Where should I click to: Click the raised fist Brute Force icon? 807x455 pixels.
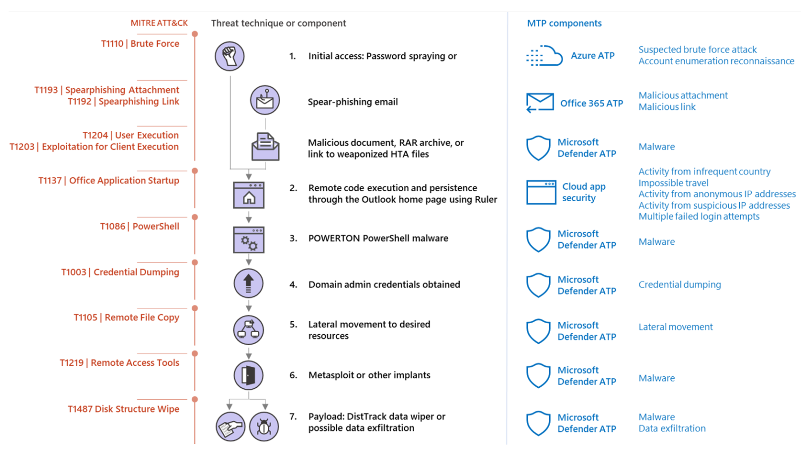click(230, 56)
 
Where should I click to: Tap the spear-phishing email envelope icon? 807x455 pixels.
click(265, 100)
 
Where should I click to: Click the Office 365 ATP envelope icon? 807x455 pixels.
click(540, 102)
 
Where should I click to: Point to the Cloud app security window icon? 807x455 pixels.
click(541, 192)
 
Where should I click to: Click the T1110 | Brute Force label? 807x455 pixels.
click(140, 44)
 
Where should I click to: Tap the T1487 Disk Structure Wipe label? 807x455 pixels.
click(123, 409)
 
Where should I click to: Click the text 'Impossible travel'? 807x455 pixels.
click(673, 183)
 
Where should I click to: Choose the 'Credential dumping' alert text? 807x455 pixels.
click(679, 285)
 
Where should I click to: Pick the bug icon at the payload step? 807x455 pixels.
click(264, 427)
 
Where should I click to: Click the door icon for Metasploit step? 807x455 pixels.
click(249, 375)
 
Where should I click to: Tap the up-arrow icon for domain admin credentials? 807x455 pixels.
click(249, 283)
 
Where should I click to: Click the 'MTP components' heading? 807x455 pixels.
click(564, 24)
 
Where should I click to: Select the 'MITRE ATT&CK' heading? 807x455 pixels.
click(159, 23)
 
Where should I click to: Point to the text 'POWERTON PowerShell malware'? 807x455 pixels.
click(378, 239)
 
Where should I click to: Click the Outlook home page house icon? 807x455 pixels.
click(249, 195)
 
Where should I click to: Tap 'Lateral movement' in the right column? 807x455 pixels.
click(675, 327)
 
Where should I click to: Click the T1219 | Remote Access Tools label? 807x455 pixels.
click(119, 363)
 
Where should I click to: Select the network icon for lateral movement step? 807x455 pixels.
click(249, 329)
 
